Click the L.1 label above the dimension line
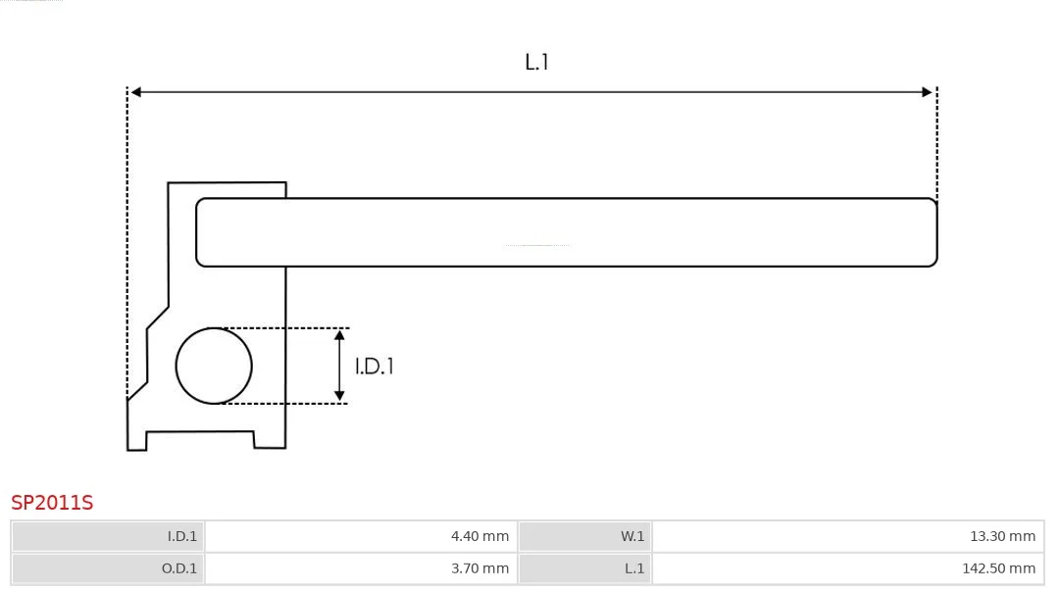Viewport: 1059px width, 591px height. pyautogui.click(x=536, y=62)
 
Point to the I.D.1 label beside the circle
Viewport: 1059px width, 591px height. pyautogui.click(x=375, y=367)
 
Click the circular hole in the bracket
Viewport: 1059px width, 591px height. pyautogui.click(x=214, y=367)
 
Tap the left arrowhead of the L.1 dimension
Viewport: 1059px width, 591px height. pyautogui.click(x=135, y=92)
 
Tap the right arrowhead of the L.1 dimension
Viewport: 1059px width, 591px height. pyautogui.click(x=928, y=92)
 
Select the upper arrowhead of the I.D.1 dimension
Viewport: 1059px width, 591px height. pyautogui.click(x=339, y=335)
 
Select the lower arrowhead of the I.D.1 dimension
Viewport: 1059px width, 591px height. pyautogui.click(x=339, y=396)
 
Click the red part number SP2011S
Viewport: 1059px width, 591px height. pyautogui.click(x=52, y=503)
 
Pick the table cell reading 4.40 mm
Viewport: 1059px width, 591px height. pyautogui.click(x=479, y=536)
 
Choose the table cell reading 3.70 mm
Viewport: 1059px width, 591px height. pyautogui.click(x=479, y=568)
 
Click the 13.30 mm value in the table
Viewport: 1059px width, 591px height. pyautogui.click(x=1002, y=536)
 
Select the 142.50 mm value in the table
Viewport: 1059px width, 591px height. pyautogui.click(x=998, y=568)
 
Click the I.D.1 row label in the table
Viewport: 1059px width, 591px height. pyautogui.click(x=182, y=536)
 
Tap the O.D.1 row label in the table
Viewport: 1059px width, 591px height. pyautogui.click(x=179, y=568)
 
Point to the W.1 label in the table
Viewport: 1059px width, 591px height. pyautogui.click(x=632, y=536)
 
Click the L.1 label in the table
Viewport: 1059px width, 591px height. pyautogui.click(x=634, y=568)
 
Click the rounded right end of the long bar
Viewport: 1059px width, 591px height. pyautogui.click(x=936, y=232)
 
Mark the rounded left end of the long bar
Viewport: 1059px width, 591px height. pyautogui.click(x=197, y=232)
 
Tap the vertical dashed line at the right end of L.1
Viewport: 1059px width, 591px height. pyautogui.click(x=936, y=142)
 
